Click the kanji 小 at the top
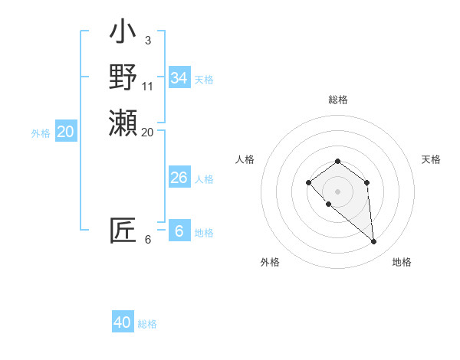click(x=123, y=34)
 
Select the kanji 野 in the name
click(x=123, y=77)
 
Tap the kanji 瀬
click(x=123, y=123)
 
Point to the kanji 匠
click(x=123, y=231)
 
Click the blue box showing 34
click(x=179, y=78)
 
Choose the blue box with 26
click(x=179, y=178)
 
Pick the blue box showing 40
click(x=123, y=322)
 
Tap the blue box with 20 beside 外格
click(x=66, y=132)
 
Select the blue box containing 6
click(x=179, y=231)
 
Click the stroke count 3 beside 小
click(x=147, y=40)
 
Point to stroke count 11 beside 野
click(x=148, y=86)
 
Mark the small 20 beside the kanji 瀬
click(x=148, y=132)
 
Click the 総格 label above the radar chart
click(x=338, y=100)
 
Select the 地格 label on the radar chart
click(x=402, y=262)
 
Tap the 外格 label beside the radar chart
click(x=270, y=262)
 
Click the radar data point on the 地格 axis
click(x=374, y=242)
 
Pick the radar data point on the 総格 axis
click(x=338, y=161)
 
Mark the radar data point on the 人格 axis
click(x=308, y=182)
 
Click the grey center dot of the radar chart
click(x=338, y=191)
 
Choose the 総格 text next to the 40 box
click(x=147, y=324)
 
